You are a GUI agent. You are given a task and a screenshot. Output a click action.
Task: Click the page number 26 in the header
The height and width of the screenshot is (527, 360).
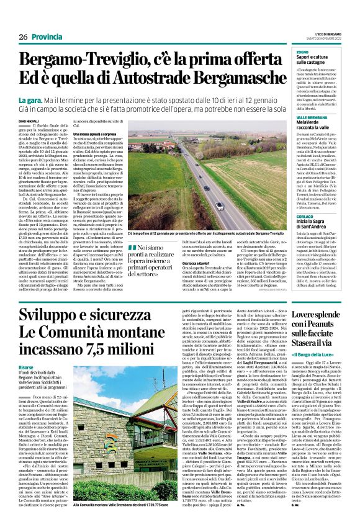coord(22,37)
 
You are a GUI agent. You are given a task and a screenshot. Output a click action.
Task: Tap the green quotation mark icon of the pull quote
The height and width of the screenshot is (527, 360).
coord(131,248)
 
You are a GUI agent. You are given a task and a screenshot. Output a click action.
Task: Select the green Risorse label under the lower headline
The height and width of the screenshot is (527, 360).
coord(27,368)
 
